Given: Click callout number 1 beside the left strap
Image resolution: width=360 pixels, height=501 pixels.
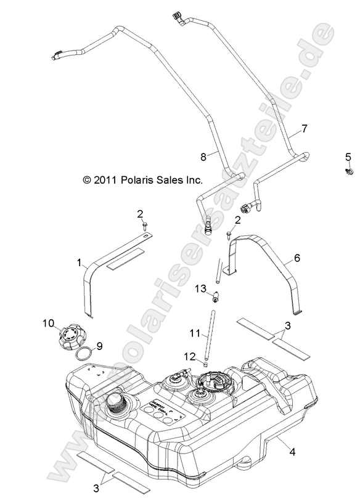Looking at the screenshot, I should (x=78, y=263).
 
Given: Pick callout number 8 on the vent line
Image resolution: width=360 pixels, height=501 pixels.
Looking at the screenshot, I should (x=203, y=158).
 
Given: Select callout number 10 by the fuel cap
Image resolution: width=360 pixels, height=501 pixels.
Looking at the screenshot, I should (x=49, y=322).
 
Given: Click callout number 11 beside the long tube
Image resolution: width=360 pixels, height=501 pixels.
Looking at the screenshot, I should (x=194, y=333).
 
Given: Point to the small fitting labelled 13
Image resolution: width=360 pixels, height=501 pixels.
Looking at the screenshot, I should (x=216, y=298).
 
